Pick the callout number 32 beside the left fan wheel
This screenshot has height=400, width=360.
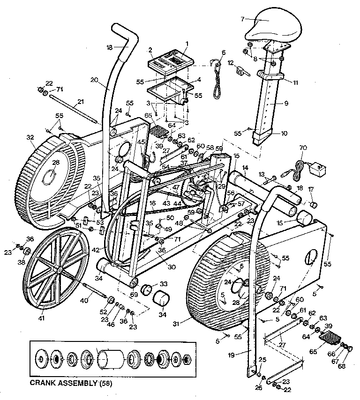coord(30,138)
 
